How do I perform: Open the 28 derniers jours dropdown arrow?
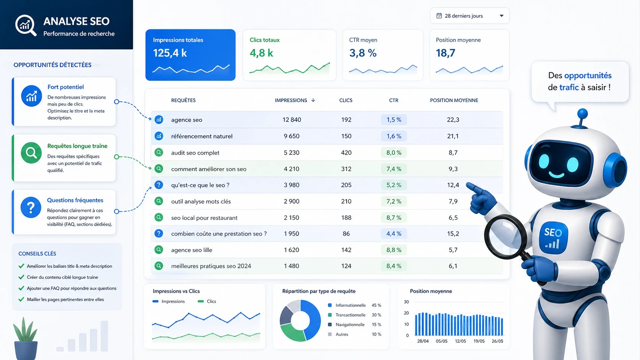pos(501,16)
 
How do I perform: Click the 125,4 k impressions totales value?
pos(170,53)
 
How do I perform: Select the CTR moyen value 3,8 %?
pos(362,53)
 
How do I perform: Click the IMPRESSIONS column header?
pos(291,100)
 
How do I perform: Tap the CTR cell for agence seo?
pos(393,120)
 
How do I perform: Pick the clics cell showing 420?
pos(346,153)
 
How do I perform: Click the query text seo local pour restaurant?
pos(204,218)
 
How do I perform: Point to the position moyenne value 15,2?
pos(453,234)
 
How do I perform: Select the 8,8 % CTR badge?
pos(393,250)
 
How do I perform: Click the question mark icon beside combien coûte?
pos(159,233)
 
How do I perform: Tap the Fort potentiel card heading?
pos(65,87)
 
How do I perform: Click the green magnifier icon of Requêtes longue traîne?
pos(31,153)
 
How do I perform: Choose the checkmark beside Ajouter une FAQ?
pos(21,288)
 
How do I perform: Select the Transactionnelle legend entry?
pos(350,315)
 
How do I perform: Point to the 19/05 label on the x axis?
pos(479,341)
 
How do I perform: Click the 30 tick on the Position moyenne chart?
pos(406,302)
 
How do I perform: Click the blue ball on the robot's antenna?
pos(582,113)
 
